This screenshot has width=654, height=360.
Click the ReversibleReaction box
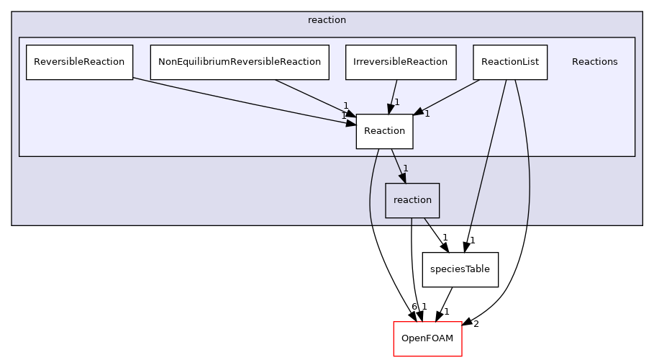[x=79, y=62]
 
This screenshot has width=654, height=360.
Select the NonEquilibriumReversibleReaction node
[x=239, y=62]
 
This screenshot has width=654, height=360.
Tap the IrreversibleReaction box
[x=400, y=62]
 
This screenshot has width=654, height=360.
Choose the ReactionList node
[x=509, y=62]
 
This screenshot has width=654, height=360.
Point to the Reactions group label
[x=594, y=62]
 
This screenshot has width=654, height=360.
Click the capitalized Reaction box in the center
[x=384, y=131]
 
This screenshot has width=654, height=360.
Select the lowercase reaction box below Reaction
[x=412, y=200]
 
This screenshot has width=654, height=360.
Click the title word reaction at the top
[x=327, y=20]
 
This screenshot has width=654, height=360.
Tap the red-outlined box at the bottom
[x=427, y=338]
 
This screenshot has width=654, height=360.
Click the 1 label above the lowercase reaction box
[x=405, y=168]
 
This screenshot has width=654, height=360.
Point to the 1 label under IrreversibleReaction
[x=396, y=102]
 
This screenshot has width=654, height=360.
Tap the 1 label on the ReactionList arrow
[x=427, y=113]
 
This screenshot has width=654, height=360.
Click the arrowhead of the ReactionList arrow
[x=417, y=112]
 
